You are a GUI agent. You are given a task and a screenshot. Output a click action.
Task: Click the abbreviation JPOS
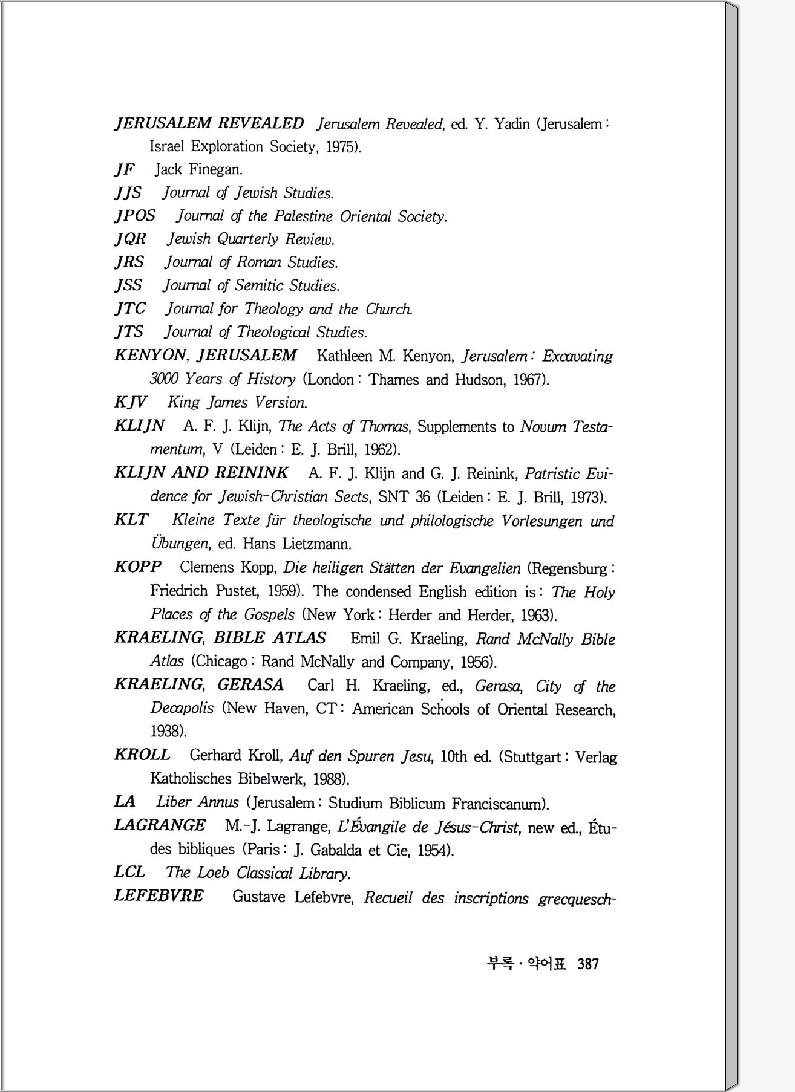135,216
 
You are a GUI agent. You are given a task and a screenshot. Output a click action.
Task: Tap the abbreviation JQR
130,239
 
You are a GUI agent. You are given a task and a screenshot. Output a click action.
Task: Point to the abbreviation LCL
129,872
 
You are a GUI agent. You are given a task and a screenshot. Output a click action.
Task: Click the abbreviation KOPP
138,567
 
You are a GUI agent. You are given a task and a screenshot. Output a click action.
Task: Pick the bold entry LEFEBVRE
159,895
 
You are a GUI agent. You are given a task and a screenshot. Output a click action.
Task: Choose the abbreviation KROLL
142,755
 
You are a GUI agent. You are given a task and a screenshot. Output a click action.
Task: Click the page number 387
587,964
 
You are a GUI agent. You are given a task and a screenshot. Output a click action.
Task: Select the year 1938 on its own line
167,732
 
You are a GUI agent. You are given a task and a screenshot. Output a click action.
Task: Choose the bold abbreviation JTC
130,308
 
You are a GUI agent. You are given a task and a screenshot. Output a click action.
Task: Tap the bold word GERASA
250,684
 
